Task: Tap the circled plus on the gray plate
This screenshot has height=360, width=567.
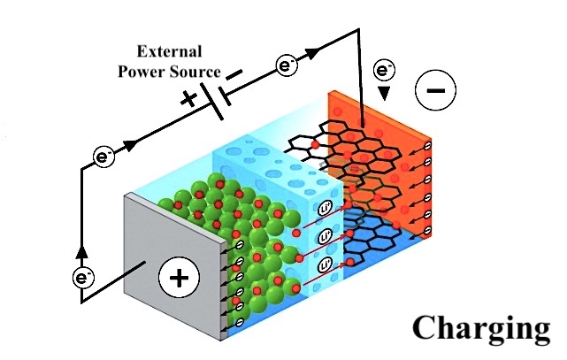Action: pyautogui.click(x=179, y=280)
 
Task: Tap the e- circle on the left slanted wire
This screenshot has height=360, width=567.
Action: pyautogui.click(x=104, y=159)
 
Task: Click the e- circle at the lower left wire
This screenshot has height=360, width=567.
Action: pyautogui.click(x=83, y=278)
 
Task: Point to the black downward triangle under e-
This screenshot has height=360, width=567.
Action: pyautogui.click(x=384, y=92)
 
